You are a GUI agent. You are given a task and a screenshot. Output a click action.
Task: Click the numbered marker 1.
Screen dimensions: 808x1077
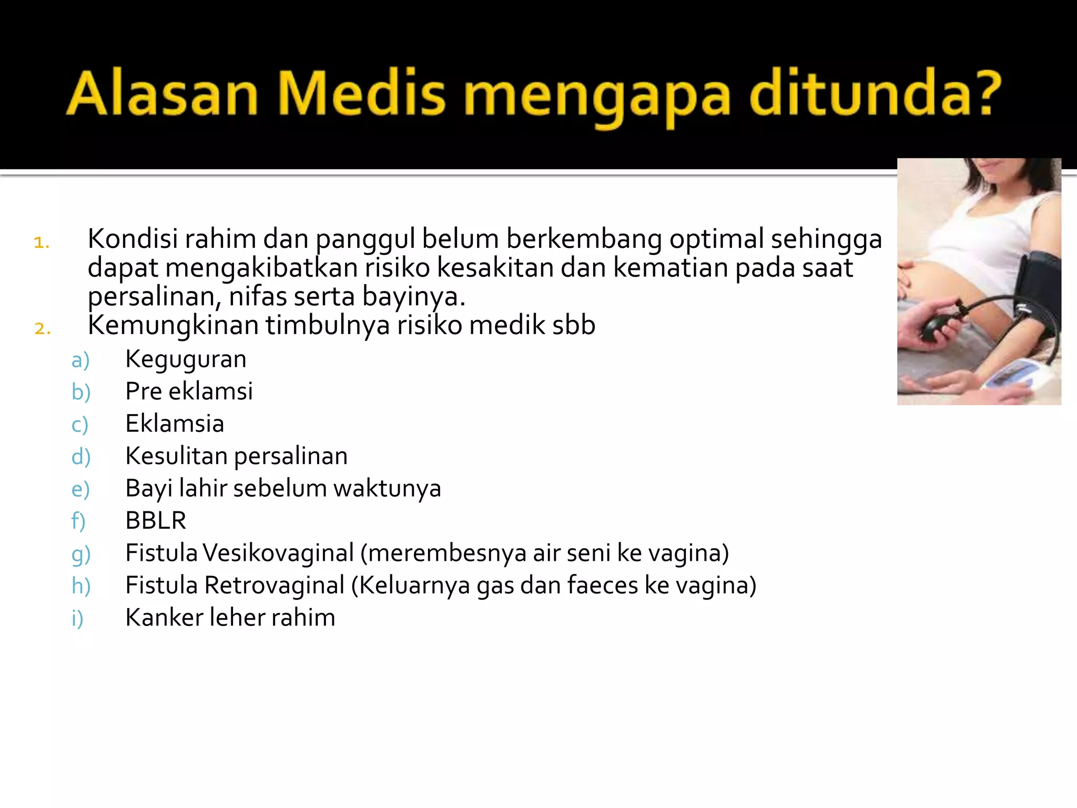pos(42,243)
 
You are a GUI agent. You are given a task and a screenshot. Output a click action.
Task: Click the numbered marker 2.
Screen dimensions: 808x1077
pos(42,329)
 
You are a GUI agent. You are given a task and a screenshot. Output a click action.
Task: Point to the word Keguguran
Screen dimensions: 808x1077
pos(186,360)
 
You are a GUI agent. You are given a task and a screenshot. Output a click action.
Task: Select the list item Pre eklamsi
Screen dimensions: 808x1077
pos(189,391)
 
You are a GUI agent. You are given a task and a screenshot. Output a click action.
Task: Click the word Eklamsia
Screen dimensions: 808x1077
pos(175,424)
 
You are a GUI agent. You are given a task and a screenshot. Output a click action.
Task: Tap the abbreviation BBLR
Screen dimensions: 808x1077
pos(156,521)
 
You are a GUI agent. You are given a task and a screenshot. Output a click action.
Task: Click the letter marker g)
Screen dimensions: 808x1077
pos(81,554)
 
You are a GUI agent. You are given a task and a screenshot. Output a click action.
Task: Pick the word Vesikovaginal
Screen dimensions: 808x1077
pos(278,553)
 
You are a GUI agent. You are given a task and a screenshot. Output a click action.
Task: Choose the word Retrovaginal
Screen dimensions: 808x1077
pos(275,585)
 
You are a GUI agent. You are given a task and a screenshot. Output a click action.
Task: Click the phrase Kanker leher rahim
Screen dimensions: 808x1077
pos(230,618)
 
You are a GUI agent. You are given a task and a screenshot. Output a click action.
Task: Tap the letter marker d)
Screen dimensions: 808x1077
pos(81,457)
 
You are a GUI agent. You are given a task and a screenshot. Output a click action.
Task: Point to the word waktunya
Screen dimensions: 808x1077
pos(387,489)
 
